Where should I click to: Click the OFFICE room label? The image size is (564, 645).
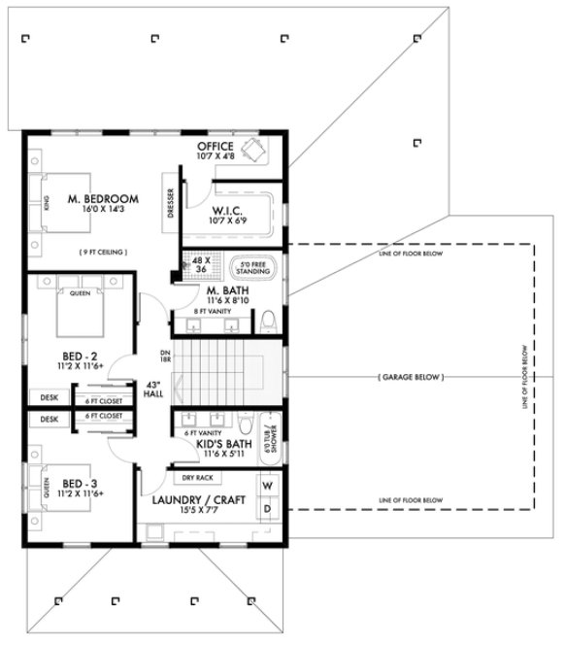(x=215, y=147)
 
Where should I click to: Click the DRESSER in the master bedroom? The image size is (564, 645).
(x=171, y=203)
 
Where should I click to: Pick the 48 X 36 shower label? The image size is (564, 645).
(x=203, y=264)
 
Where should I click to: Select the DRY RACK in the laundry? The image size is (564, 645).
(x=197, y=478)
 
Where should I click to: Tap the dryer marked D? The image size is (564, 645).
(x=269, y=509)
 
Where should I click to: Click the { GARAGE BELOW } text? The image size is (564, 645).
(x=408, y=375)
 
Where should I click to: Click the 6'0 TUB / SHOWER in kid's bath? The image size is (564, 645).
(x=272, y=433)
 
